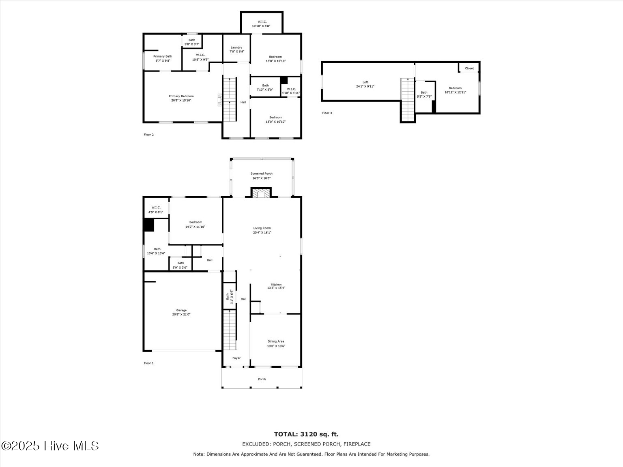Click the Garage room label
[181, 311]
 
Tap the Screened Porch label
[261, 174]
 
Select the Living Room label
[262, 228]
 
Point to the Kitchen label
[276, 285]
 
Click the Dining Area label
[276, 341]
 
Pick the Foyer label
[236, 358]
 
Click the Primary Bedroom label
[181, 96]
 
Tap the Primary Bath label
[163, 56]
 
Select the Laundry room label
[236, 47]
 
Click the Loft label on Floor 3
[365, 82]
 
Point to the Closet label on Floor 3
[469, 68]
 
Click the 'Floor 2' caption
[149, 135]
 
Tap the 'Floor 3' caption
[327, 113]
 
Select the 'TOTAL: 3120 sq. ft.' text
[306, 434]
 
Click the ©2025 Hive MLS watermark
[50, 446]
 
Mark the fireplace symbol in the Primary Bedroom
[220, 100]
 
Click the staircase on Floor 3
[408, 99]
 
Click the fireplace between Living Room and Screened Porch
[261, 193]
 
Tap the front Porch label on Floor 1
[262, 379]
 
